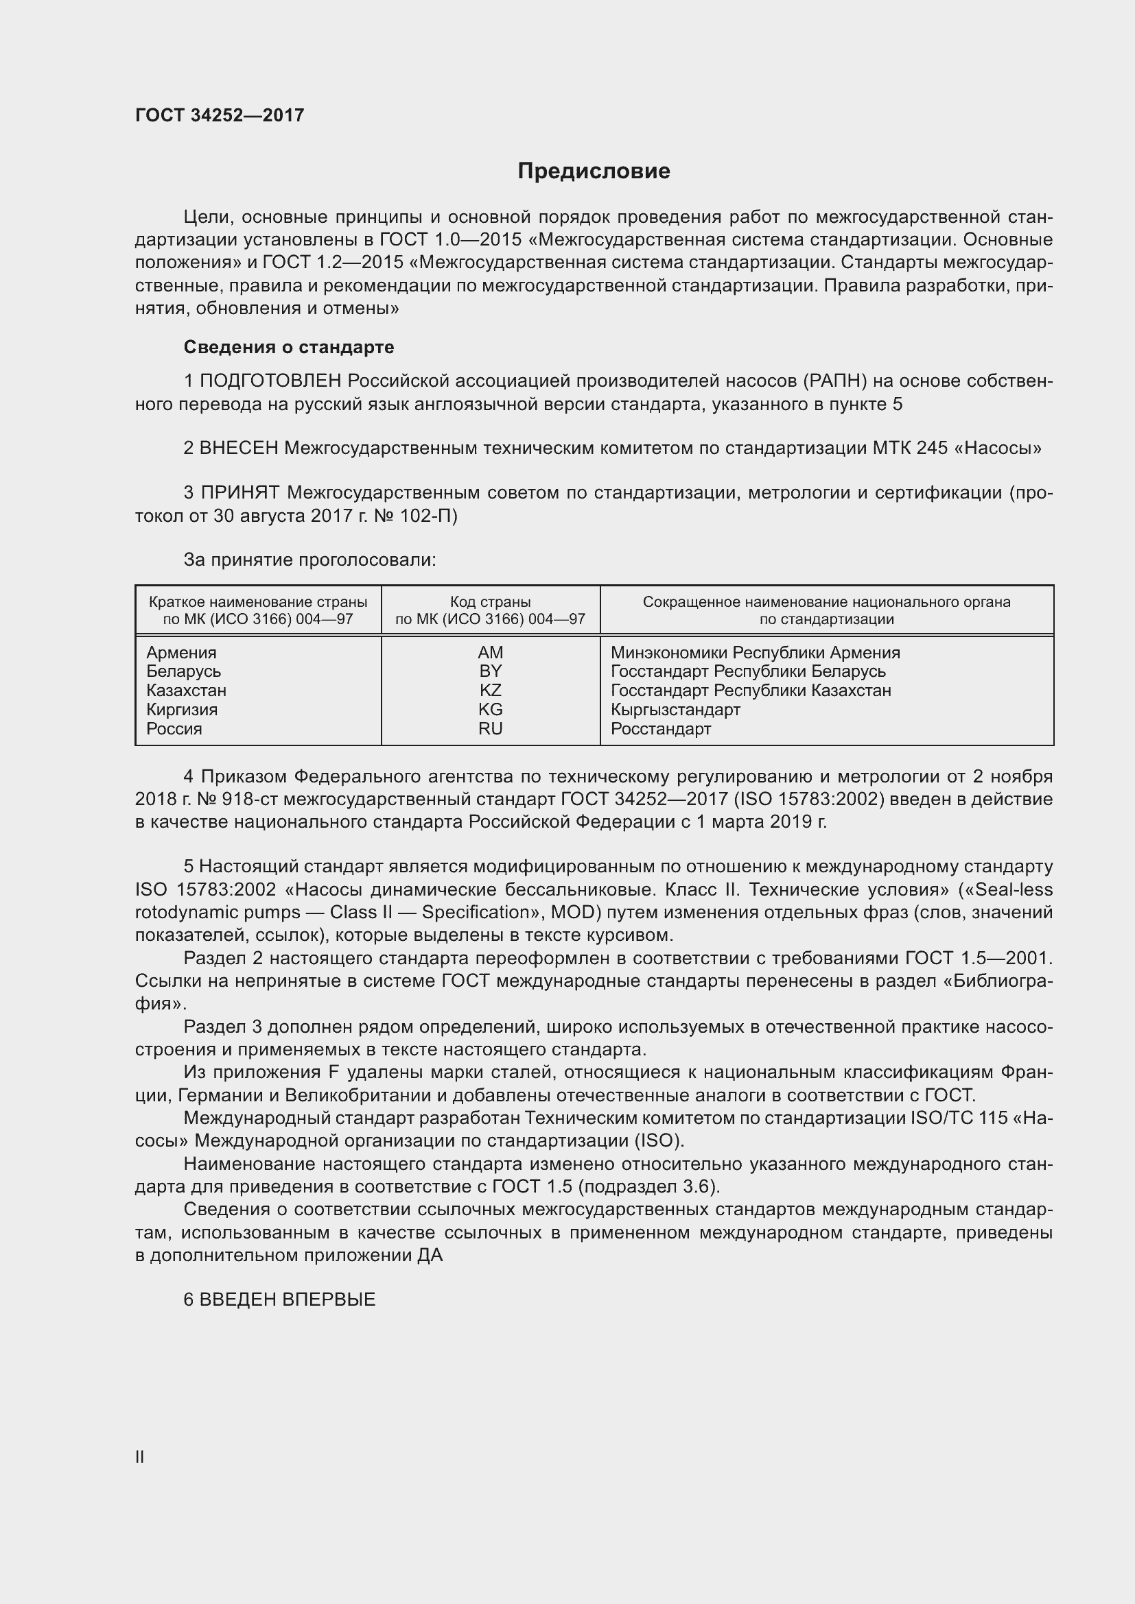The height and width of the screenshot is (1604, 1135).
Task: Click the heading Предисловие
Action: [594, 171]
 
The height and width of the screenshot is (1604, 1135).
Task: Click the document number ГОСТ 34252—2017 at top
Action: [220, 115]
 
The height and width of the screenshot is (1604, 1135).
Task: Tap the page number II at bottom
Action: [140, 1457]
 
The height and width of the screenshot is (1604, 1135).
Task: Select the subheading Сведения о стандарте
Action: [289, 347]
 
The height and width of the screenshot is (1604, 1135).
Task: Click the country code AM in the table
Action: [490, 652]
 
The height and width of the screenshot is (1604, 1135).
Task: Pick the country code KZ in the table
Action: [490, 691]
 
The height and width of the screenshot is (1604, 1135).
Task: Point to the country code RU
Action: [490, 729]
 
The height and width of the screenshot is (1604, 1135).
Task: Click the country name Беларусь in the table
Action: [183, 671]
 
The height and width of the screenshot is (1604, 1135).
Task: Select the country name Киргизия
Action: [182, 710]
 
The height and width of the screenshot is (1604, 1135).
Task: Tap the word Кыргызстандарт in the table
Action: [675, 710]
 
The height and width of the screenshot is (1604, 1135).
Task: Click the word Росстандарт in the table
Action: [660, 729]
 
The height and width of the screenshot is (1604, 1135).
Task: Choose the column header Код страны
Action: [490, 602]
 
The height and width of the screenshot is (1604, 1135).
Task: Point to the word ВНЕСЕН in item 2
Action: [239, 448]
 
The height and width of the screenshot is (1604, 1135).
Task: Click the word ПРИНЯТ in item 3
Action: [240, 493]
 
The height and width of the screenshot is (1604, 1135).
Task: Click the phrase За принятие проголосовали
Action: [309, 560]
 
